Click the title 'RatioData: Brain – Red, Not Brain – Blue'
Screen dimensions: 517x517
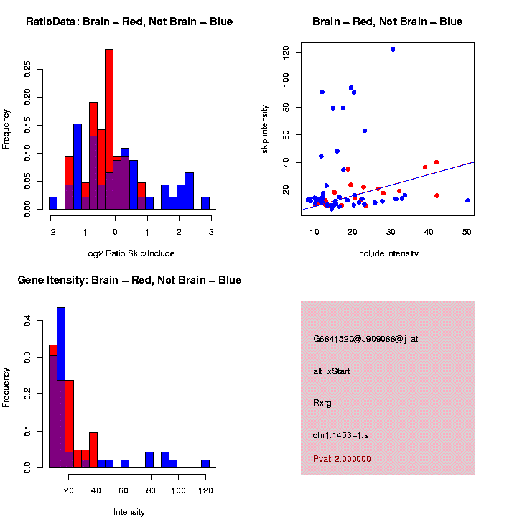[x=129, y=22]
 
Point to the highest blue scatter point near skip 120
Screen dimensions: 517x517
[x=393, y=50]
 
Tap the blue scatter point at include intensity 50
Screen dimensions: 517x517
[x=467, y=200]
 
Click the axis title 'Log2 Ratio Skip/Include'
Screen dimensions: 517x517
[x=129, y=253]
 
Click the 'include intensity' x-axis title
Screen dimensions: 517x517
[x=388, y=253]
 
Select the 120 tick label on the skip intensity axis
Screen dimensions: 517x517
[x=287, y=52]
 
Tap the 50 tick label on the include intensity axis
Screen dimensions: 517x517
[x=467, y=232]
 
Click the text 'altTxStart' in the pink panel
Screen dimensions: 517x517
[x=332, y=371]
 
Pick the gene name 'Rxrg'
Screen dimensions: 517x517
[x=322, y=403]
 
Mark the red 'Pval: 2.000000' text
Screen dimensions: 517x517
[x=342, y=459]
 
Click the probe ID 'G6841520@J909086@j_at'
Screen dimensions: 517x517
[x=365, y=339]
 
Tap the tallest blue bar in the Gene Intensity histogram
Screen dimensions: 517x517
[x=61, y=388]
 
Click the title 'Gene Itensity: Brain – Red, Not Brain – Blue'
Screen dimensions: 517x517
[x=129, y=280]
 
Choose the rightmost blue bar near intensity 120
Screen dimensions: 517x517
[x=205, y=464]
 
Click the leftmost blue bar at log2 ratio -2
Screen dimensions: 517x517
[x=53, y=203]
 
